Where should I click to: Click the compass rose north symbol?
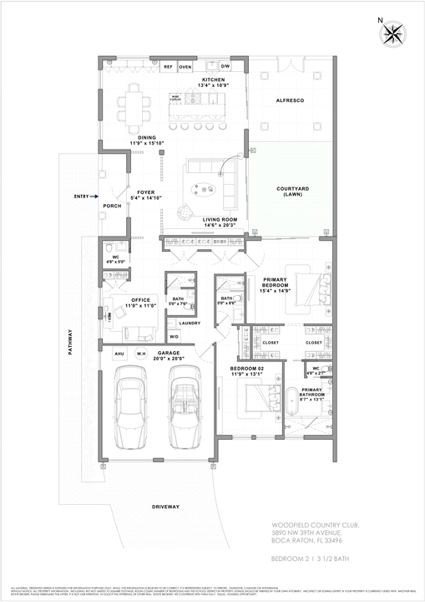click(x=392, y=33)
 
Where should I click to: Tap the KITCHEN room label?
click(x=201, y=79)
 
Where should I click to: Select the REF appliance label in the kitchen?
click(x=168, y=66)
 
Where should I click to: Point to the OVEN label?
click(x=185, y=66)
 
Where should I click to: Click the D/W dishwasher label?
click(x=225, y=65)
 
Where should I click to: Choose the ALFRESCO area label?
click(x=289, y=100)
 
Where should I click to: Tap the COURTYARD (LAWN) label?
click(x=292, y=192)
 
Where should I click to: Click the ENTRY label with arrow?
click(x=83, y=196)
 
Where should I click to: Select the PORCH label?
click(x=112, y=206)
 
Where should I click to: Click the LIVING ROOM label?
click(x=220, y=219)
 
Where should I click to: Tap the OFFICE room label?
click(x=139, y=298)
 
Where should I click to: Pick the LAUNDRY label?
click(x=189, y=323)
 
